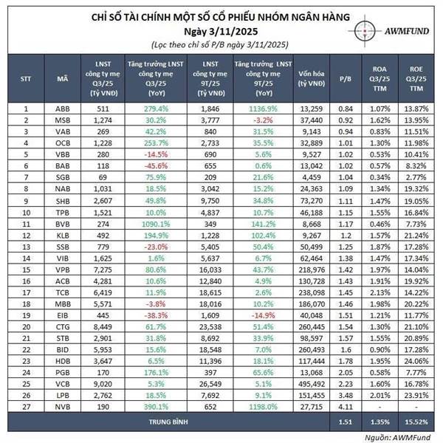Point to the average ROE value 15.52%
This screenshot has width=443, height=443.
[x=415, y=422]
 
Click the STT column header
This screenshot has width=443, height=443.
[x=27, y=77]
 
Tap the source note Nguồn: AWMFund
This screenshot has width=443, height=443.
[x=407, y=436]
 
